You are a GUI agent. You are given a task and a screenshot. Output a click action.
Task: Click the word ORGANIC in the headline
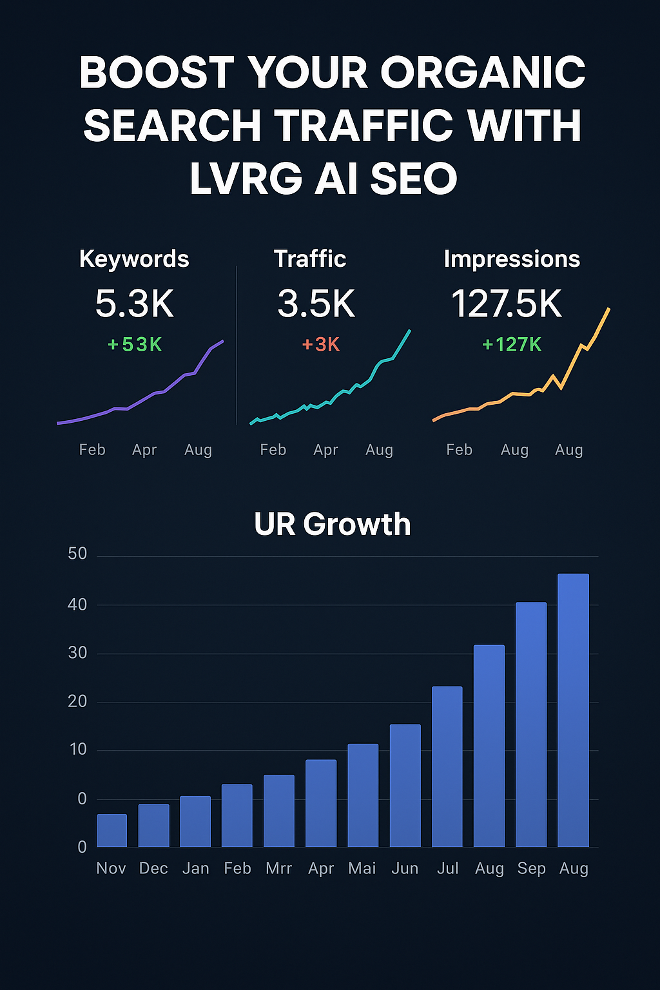483,72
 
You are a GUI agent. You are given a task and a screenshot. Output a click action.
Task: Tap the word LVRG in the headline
246,179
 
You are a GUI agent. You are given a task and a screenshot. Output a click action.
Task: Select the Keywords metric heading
134,259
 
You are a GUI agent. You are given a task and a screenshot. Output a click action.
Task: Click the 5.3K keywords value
135,304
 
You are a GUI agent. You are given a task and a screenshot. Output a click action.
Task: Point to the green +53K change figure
135,345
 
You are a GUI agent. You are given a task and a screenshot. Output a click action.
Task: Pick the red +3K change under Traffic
320,345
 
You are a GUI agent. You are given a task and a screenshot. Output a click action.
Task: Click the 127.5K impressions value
507,304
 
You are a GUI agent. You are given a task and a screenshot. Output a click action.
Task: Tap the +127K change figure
512,345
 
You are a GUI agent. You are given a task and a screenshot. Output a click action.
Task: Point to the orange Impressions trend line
516,394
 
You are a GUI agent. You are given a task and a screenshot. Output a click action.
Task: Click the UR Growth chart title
332,524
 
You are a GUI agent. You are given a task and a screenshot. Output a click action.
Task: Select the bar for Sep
531,724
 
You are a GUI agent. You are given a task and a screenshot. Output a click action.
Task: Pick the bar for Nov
112,831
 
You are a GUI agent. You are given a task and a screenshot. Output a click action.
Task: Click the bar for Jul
447,767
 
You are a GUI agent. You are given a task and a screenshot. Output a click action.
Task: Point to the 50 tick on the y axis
77,554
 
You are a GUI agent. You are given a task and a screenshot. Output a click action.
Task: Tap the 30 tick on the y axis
77,653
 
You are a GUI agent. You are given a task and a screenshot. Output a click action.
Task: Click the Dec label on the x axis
153,869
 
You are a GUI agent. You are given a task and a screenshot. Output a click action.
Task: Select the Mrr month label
278,869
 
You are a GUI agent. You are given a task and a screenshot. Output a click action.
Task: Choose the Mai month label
362,869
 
